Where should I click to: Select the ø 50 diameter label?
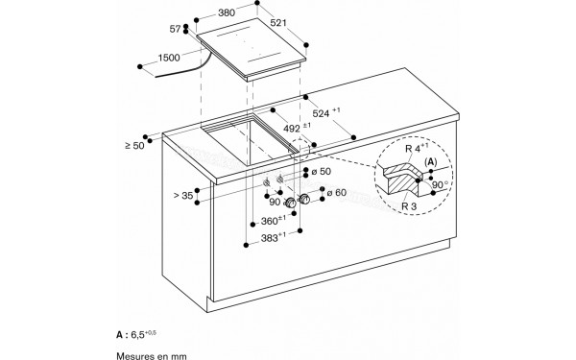coord(323,171)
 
